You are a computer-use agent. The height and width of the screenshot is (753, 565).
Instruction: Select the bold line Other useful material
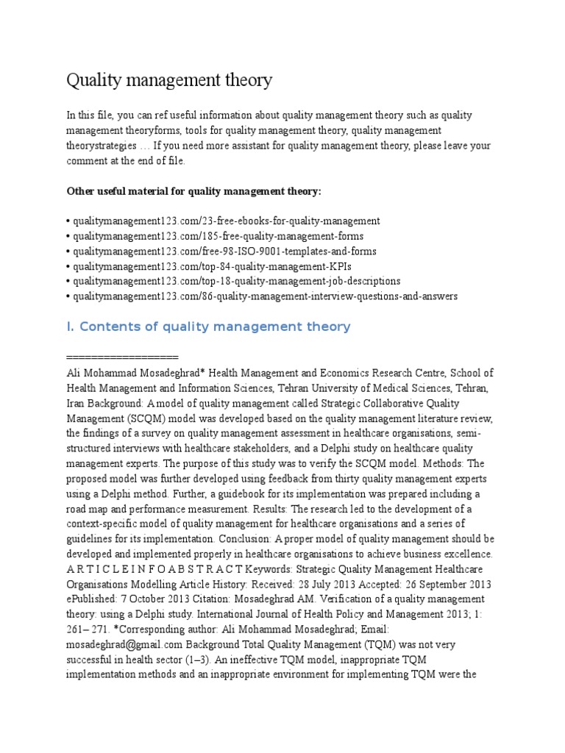pyautogui.click(x=194, y=191)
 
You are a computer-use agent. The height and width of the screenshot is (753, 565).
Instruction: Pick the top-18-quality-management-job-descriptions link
pyautogui.click(x=235, y=281)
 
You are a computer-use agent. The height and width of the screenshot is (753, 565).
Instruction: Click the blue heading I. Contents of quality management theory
pyautogui.click(x=209, y=326)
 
